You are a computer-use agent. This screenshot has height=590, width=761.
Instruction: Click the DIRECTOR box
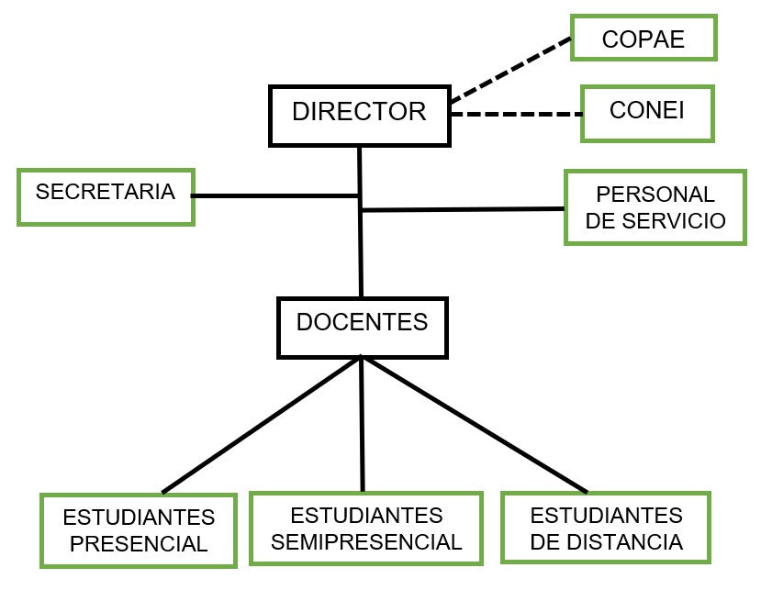[360, 115]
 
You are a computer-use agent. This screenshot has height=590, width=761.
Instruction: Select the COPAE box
[643, 39]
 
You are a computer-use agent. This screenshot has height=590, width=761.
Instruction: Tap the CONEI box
[647, 114]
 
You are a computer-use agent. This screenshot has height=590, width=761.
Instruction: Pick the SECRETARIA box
[106, 196]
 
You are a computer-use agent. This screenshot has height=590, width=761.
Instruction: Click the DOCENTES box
[362, 327]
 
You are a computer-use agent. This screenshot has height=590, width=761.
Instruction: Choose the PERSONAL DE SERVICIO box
[655, 207]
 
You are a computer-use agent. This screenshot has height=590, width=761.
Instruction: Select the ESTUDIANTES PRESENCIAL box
[139, 529]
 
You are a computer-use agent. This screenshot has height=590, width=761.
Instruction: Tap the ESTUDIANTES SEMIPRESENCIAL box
[365, 528]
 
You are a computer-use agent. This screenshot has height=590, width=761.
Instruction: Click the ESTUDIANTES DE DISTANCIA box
[606, 528]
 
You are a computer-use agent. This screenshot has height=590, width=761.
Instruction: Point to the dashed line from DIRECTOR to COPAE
[510, 70]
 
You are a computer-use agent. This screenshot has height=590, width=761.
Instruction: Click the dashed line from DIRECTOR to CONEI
[517, 115]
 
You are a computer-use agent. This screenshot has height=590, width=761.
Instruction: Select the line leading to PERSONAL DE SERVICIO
[464, 209]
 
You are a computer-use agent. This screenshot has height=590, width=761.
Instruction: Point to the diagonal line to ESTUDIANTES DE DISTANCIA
[475, 424]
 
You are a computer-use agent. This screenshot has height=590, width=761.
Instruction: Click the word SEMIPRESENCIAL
[366, 541]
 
